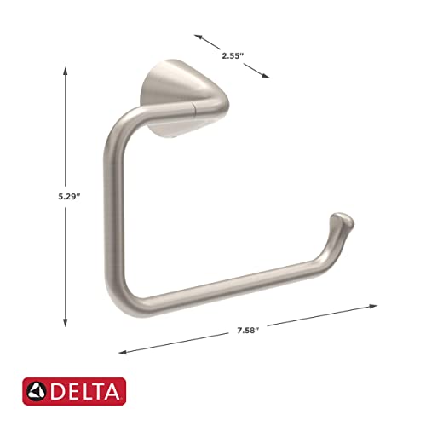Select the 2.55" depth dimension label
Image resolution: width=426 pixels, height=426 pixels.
click(x=233, y=55)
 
